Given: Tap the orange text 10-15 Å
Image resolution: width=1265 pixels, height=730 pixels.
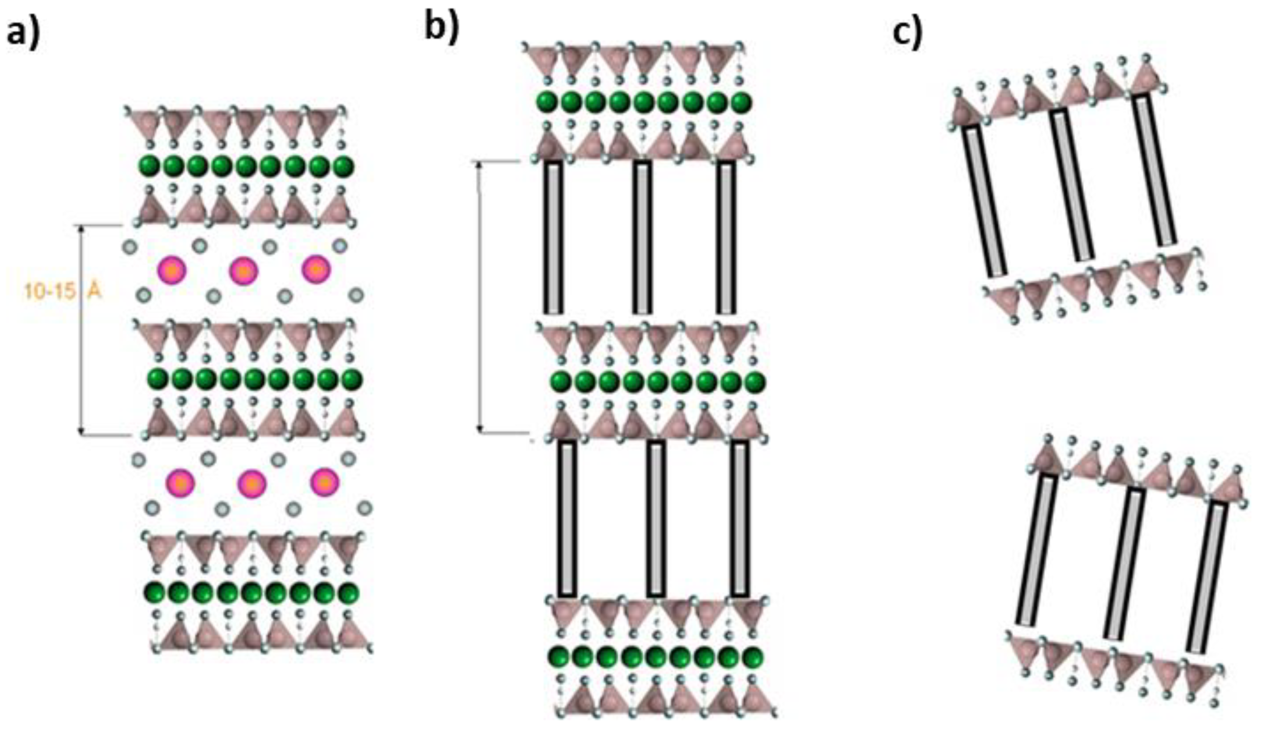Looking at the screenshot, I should [x=62, y=291].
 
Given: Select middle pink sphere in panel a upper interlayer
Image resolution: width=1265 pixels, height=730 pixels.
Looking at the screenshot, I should [x=243, y=271].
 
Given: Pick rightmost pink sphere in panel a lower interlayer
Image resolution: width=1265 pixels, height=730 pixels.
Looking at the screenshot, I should [x=325, y=482].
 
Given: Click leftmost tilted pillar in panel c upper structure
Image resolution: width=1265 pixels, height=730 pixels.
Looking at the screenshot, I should [x=984, y=201].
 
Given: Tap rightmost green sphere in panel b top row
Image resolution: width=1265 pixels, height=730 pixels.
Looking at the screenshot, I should [x=741, y=102].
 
